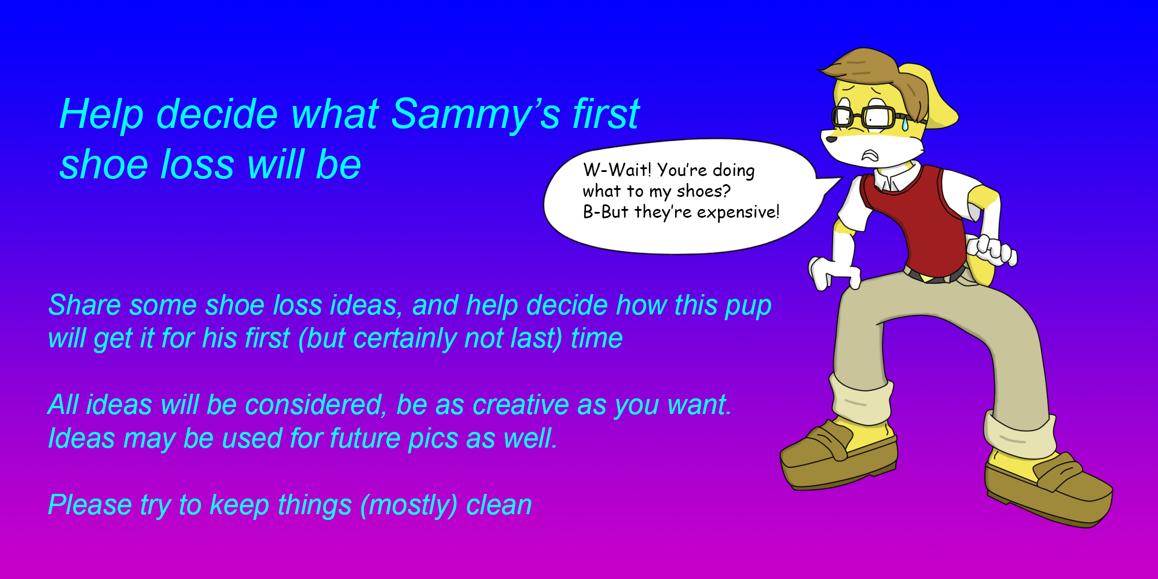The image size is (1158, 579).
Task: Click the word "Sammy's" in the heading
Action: [x=476, y=113]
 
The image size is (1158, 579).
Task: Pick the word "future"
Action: [x=365, y=438]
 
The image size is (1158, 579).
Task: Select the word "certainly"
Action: [x=404, y=338]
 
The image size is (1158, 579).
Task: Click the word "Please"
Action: [x=90, y=505]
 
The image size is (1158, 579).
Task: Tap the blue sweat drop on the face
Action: [x=905, y=123]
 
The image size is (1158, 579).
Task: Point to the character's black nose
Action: [x=831, y=139]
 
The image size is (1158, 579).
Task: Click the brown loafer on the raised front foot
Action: [x=838, y=455]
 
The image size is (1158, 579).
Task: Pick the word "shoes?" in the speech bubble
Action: [x=703, y=192]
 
